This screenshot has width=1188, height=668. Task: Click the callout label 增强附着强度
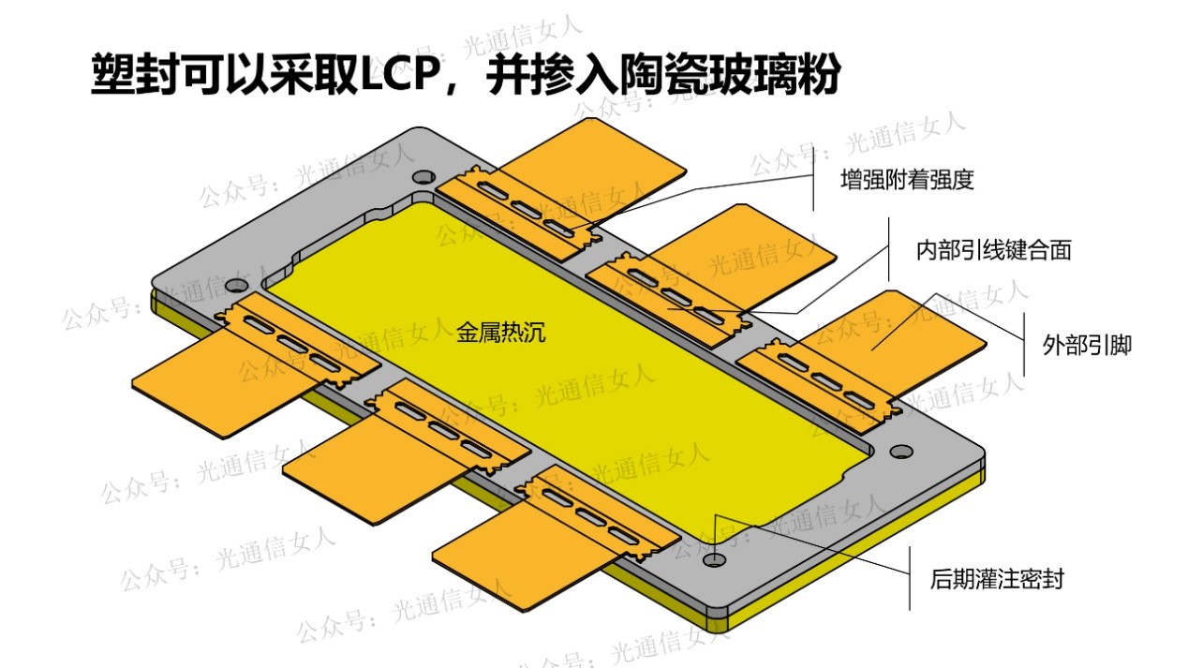tap(907, 179)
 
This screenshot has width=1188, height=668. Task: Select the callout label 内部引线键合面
tap(993, 250)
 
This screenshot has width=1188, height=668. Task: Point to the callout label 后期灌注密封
tap(997, 578)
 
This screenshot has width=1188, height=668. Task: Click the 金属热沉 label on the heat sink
tap(500, 332)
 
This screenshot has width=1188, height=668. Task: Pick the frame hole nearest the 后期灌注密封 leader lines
tap(715, 559)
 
